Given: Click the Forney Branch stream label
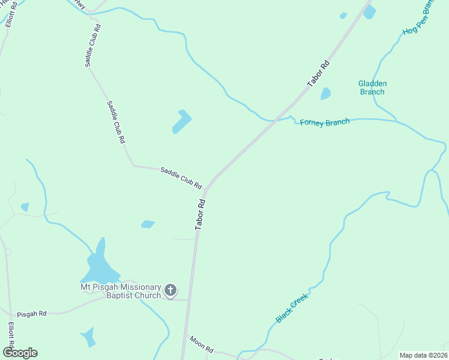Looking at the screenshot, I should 324,123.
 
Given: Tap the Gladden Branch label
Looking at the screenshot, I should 372,88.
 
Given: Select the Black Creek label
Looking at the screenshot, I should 292,308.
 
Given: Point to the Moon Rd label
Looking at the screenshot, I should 202,344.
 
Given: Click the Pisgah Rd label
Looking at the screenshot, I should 31,314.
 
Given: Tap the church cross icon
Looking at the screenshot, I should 170,291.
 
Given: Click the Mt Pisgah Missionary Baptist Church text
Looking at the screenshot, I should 121,291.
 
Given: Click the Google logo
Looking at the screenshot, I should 20,353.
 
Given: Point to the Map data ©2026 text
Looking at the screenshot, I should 423,355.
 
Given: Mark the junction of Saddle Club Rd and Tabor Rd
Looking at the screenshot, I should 206,190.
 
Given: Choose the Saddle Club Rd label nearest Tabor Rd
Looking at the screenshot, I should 181,178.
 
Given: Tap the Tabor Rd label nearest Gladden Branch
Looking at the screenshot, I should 319,73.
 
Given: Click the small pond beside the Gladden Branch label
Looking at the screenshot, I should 325,94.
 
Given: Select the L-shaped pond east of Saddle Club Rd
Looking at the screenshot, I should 181,122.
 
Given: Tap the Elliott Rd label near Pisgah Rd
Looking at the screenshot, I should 11,338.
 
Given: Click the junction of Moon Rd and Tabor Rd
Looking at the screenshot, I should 185,335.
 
